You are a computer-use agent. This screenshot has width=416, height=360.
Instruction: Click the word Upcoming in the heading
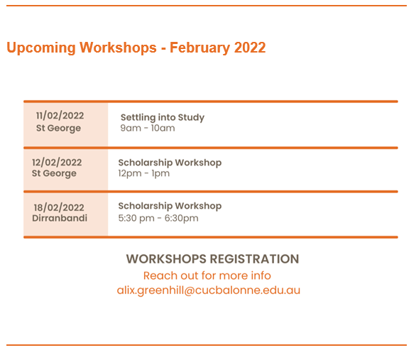coord(41,48)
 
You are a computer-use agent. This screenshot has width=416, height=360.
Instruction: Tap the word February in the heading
coord(199,48)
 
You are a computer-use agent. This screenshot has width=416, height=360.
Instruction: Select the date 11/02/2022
coord(60,116)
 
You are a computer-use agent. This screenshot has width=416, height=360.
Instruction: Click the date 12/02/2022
coord(57,163)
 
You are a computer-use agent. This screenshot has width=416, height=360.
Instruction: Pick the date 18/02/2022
coord(59,207)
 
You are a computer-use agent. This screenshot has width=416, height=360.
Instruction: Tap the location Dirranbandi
coord(60,218)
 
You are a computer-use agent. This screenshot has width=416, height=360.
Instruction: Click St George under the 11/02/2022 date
coord(58,128)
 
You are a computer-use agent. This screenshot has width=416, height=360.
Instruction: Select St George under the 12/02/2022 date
coord(54,173)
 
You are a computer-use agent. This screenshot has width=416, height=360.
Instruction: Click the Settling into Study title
coord(163,118)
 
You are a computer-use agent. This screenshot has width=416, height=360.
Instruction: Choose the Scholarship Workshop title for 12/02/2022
coord(170,163)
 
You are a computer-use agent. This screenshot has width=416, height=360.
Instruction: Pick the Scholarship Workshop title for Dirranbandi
coord(170,206)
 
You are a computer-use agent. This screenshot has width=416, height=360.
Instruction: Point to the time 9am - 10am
coord(148,128)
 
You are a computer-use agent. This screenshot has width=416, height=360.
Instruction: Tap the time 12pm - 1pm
coord(144,173)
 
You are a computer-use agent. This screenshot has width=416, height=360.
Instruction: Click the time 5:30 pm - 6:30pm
coord(158,218)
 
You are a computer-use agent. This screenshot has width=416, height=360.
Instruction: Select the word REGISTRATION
coord(254,259)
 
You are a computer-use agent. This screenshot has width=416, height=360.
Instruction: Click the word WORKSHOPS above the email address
coord(166,259)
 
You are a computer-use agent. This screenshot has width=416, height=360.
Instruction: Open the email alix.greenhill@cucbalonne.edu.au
coord(209,290)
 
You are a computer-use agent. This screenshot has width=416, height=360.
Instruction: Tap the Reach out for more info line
coord(207,276)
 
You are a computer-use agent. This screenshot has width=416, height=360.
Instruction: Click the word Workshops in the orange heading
coord(118,48)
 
